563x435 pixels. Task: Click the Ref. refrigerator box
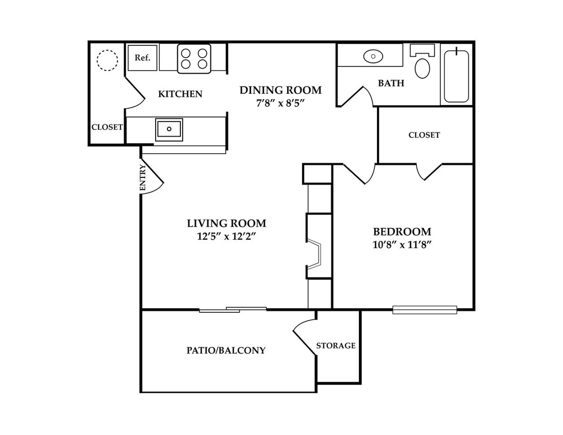pyautogui.click(x=142, y=57)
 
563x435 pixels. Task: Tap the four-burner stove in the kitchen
pyautogui.click(x=194, y=59)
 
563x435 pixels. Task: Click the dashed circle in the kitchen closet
pyautogui.click(x=107, y=60)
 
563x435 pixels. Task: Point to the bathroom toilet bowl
pyautogui.click(x=422, y=68)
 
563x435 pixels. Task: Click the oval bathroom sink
pyautogui.click(x=373, y=56)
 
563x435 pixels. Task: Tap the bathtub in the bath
pyautogui.click(x=456, y=76)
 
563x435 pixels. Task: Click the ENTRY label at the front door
pyautogui.click(x=143, y=178)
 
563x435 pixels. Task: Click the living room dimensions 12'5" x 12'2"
pyautogui.click(x=226, y=237)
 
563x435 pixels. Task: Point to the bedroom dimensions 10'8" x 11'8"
pyautogui.click(x=402, y=245)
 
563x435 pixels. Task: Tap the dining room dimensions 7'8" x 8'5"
pyautogui.click(x=280, y=104)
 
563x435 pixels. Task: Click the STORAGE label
pyautogui.click(x=336, y=346)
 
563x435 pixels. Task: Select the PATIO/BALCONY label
pyautogui.click(x=226, y=350)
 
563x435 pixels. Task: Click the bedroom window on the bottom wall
pyautogui.click(x=425, y=310)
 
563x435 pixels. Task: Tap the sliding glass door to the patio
pyautogui.click(x=233, y=310)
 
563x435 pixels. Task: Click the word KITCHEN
pyautogui.click(x=180, y=94)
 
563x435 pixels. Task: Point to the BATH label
pyautogui.click(x=391, y=83)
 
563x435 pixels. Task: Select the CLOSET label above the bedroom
pyautogui.click(x=424, y=135)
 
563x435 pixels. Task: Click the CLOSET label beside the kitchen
pyautogui.click(x=107, y=127)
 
